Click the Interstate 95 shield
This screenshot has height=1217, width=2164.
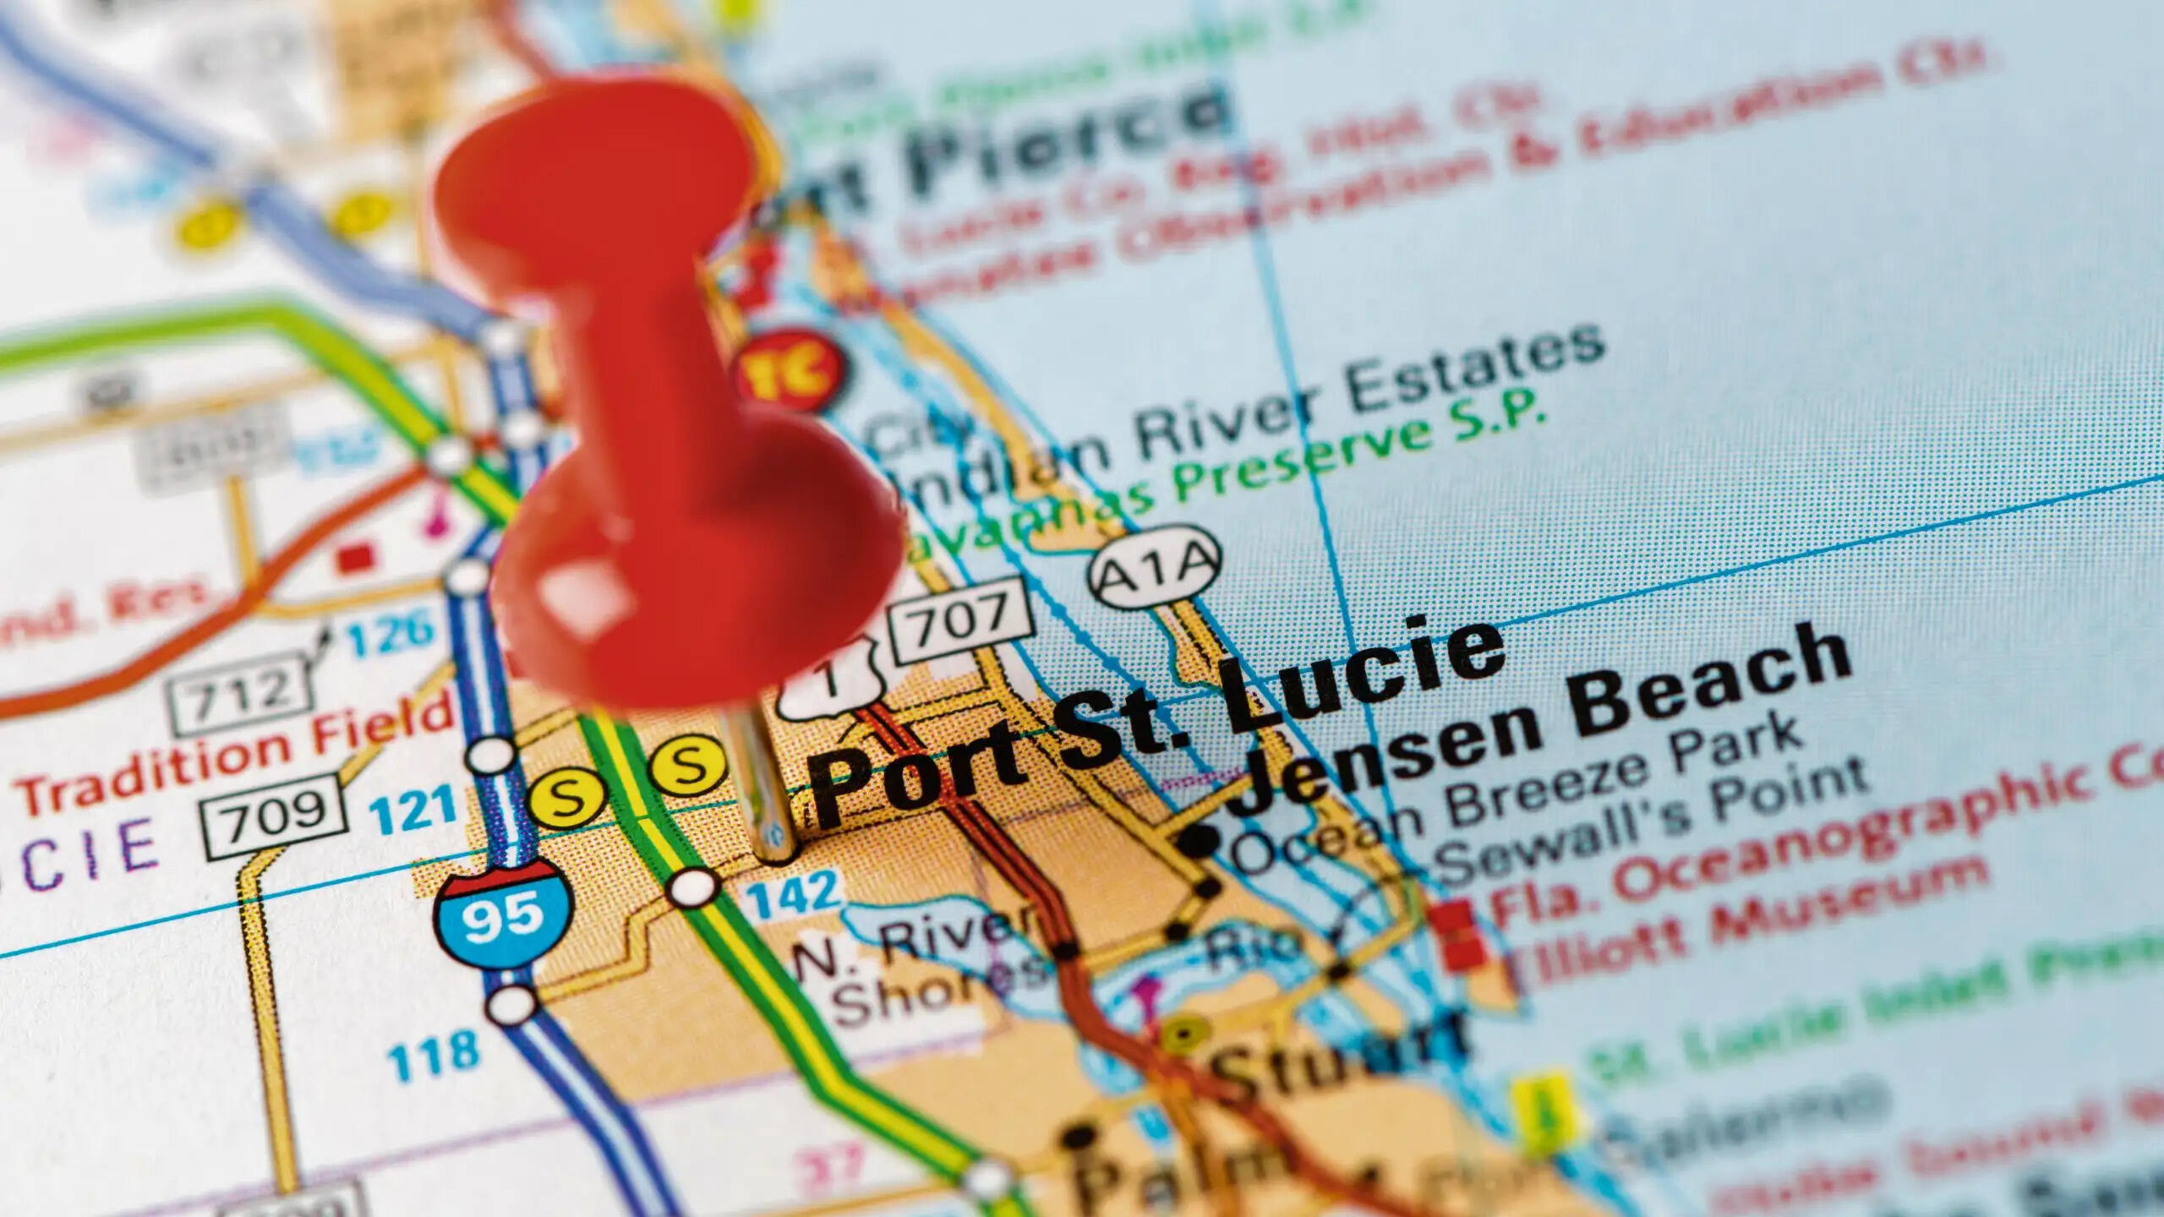click(504, 914)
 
